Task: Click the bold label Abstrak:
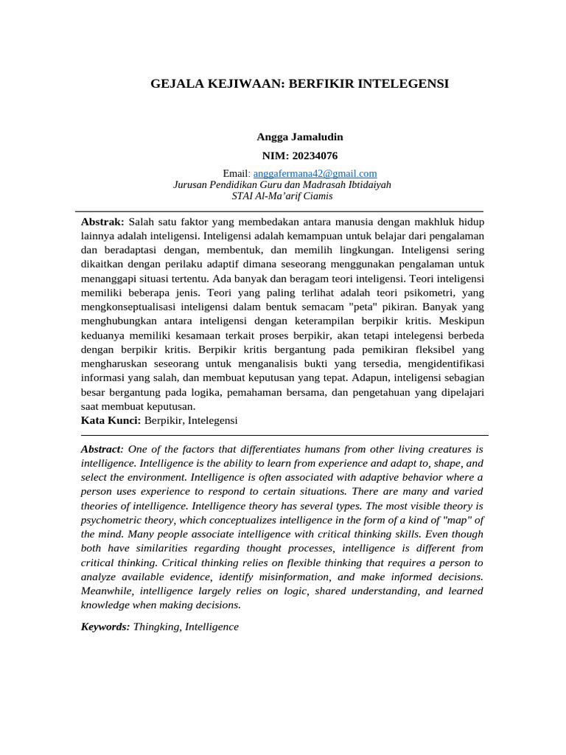coord(102,221)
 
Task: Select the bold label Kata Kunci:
coord(111,420)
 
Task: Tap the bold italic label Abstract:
coord(102,449)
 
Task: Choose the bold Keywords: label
coord(105,627)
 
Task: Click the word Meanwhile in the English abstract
coord(108,591)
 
